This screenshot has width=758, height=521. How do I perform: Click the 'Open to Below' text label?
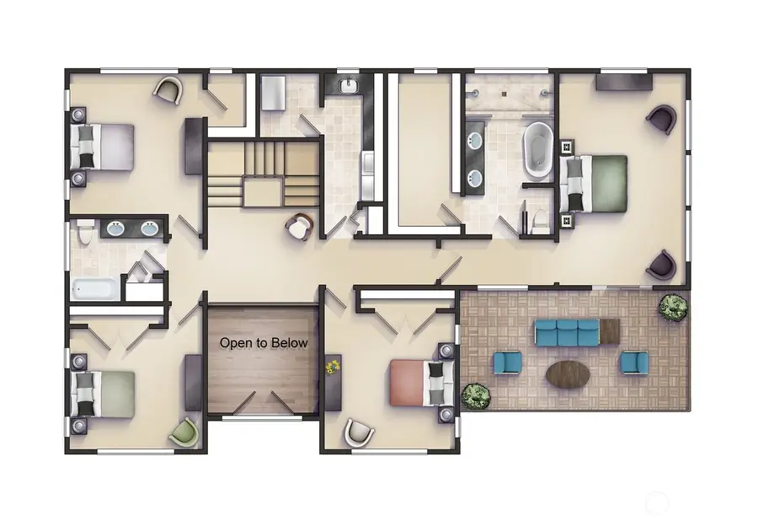(x=264, y=343)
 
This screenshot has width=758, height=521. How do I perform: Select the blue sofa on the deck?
(x=566, y=332)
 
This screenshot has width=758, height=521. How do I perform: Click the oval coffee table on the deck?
(x=569, y=373)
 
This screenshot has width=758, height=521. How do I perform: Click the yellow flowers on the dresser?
(x=333, y=367)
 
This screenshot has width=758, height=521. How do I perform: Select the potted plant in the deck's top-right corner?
(x=672, y=307)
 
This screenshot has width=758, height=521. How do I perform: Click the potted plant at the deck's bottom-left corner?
(x=476, y=395)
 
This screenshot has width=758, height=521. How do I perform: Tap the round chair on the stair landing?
(x=299, y=225)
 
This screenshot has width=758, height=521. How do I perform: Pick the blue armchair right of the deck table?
(x=633, y=363)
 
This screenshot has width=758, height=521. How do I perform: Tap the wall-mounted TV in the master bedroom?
(x=623, y=82)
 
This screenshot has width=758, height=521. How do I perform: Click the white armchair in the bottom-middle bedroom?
(x=359, y=433)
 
